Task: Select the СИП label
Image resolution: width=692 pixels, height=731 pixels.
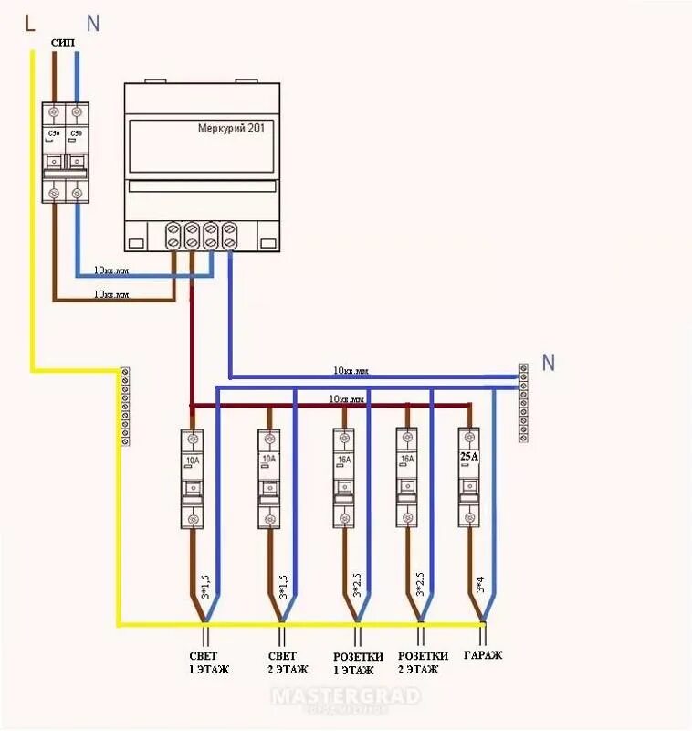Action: [x=64, y=44]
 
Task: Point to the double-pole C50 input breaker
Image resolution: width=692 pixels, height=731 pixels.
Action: [x=65, y=152]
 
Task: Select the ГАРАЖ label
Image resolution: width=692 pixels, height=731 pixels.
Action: [x=483, y=656]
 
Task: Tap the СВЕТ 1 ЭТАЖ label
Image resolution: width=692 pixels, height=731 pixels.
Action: [x=204, y=662]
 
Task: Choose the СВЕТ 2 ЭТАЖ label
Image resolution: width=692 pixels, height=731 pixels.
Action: [x=281, y=662]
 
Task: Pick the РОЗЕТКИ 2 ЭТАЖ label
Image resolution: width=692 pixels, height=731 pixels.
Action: [x=423, y=662]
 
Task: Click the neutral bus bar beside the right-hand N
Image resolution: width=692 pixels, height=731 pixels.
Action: [x=523, y=402]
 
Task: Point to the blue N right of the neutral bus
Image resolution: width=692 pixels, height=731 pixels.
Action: [x=548, y=363]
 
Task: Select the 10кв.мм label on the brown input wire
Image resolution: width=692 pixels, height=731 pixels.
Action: [x=111, y=294]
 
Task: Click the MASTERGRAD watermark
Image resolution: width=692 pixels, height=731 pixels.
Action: [x=347, y=696]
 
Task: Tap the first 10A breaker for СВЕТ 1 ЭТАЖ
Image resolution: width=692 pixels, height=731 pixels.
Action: [x=193, y=478]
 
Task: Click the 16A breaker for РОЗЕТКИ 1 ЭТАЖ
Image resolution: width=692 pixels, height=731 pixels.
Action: [x=343, y=478]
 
